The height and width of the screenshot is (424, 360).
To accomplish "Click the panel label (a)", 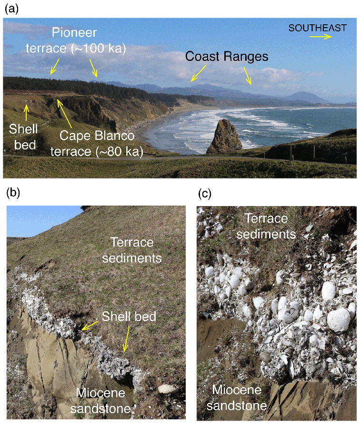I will [x=10, y=9].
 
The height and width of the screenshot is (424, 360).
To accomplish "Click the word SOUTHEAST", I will [x=317, y=28].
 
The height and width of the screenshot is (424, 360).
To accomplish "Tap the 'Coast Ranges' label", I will [x=227, y=57].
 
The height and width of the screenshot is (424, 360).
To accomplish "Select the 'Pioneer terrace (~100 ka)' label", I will [x=89, y=41].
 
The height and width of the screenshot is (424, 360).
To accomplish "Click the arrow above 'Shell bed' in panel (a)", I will [x=26, y=112].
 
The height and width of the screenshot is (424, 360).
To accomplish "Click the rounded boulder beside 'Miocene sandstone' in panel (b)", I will [x=168, y=389].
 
